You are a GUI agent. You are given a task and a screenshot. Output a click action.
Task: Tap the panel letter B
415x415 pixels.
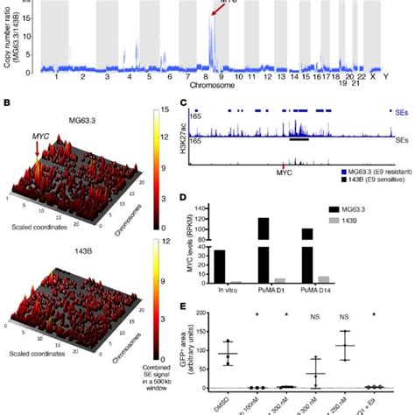[x=6, y=103]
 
